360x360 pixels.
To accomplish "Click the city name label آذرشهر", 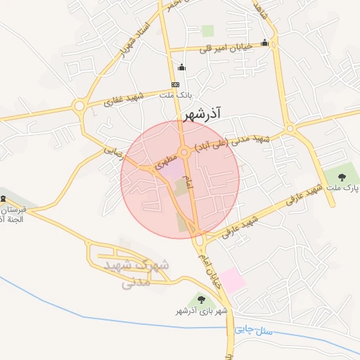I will pyautogui.click(x=202, y=113).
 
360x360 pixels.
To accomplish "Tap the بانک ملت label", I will pyautogui.click(x=175, y=94).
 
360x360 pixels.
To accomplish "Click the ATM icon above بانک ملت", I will pyautogui.click(x=175, y=84).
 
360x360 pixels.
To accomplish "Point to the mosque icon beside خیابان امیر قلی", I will pyautogui.click(x=264, y=42).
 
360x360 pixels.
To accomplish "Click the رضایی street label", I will pyautogui.click(x=112, y=150).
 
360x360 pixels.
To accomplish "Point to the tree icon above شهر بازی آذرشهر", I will pyautogui.click(x=201, y=300).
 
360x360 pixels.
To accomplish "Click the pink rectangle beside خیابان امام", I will pyautogui.click(x=233, y=281).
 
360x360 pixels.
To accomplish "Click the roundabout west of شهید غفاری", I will pyautogui.click(x=79, y=107).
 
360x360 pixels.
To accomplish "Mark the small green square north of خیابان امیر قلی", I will pyautogui.click(x=207, y=30).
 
